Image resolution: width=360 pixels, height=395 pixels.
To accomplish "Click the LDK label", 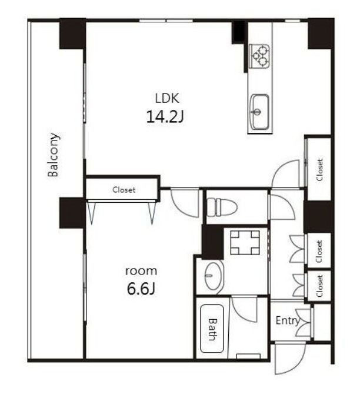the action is click(167, 98).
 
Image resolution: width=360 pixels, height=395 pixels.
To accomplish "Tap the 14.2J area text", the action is click(165, 117).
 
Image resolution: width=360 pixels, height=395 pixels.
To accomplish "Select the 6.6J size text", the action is click(141, 289).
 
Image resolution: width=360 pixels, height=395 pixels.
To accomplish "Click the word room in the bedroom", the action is click(141, 272).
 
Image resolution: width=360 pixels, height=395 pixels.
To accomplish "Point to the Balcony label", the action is click(54, 155).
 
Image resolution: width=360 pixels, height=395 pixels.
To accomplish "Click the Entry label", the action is click(288, 321).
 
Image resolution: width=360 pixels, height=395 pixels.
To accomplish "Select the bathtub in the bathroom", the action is click(212, 329).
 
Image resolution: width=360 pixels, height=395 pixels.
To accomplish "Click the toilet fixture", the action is click(222, 207).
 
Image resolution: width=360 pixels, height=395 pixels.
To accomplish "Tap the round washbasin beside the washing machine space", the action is click(214, 276).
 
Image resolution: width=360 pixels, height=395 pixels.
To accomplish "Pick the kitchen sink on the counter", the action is click(259, 112).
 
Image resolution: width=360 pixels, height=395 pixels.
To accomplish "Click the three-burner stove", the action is click(259, 56).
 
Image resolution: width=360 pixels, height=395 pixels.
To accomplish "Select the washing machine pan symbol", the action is click(245, 243).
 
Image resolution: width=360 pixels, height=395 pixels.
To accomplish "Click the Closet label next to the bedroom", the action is click(124, 190).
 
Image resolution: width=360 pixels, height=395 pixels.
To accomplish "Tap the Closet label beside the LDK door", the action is click(319, 170).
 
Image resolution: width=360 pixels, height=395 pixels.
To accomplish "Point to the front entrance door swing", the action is click(290, 359).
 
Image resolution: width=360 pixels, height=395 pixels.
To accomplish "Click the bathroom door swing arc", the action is click(244, 309).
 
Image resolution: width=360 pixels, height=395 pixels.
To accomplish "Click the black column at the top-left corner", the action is click(72, 34).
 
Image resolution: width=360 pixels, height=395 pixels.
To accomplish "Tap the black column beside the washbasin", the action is click(212, 242).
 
